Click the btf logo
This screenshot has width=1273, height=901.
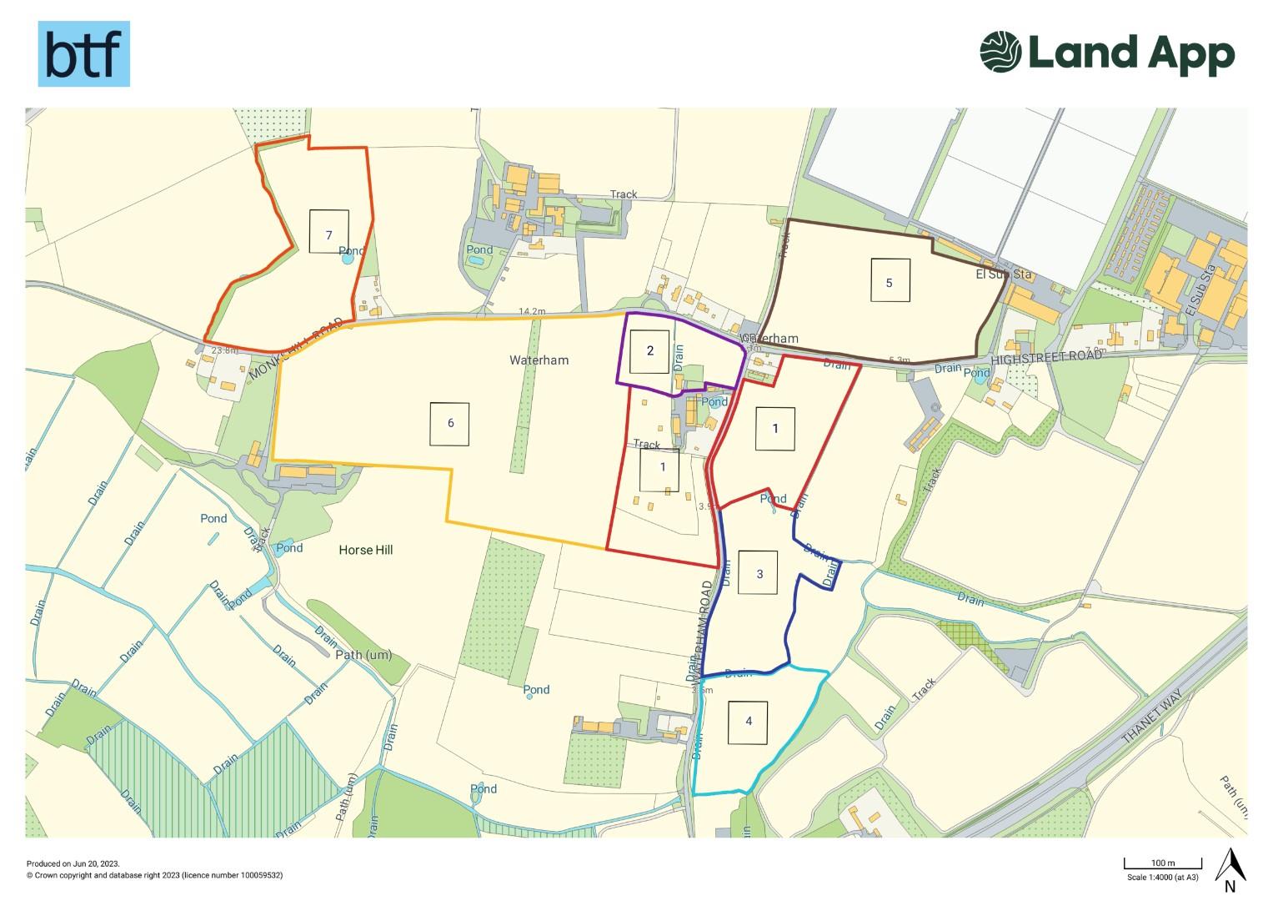(83, 54)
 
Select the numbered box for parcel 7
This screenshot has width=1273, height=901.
(328, 231)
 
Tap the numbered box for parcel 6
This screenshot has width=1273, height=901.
(450, 423)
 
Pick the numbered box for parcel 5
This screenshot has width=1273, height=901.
(889, 280)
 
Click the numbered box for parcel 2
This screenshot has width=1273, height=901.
(650, 350)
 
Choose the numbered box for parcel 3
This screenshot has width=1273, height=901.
(759, 573)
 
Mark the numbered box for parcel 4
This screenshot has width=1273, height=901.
(749, 722)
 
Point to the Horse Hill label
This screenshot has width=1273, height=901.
(366, 550)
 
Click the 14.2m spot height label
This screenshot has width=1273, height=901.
(532, 312)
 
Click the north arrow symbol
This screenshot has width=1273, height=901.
(1230, 866)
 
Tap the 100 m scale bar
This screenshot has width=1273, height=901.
(1163, 864)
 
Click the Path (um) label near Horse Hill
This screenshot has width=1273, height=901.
(363, 655)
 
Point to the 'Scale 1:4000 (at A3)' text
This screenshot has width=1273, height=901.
(1164, 877)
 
